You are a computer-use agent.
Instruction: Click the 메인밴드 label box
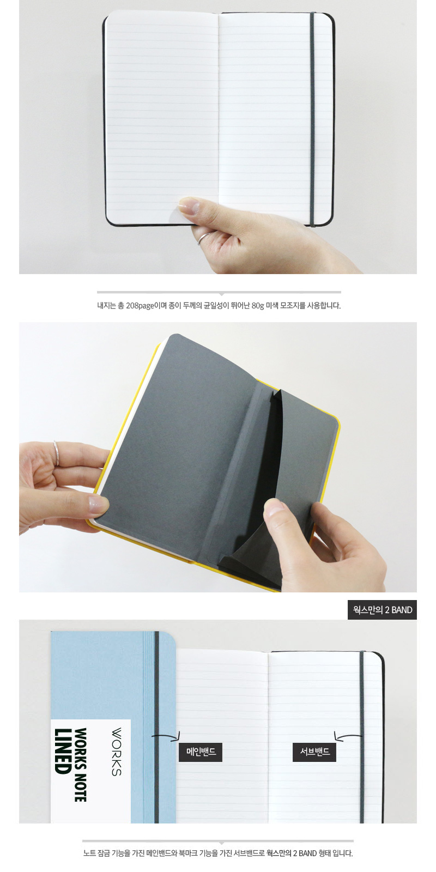pos(201,752)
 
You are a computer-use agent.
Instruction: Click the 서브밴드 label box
pos(314,752)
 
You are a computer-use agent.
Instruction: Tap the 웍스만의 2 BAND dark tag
pos(382,610)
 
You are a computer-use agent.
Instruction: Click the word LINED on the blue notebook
pos(62,751)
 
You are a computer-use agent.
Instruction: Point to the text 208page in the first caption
pos(140,306)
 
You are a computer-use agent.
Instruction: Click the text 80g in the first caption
pos(258,306)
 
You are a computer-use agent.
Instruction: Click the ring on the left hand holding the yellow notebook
pos(57,453)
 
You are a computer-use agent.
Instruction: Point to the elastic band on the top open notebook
pos(312,119)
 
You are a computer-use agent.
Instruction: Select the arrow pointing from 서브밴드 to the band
pos(348,736)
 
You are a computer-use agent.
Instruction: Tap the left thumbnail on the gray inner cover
pos(98,503)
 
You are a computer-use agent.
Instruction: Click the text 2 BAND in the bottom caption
pos(305,853)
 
